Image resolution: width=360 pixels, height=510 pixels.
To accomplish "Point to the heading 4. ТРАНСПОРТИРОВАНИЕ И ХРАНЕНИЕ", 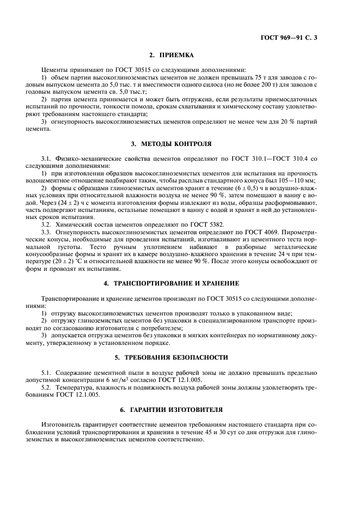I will click(180, 284).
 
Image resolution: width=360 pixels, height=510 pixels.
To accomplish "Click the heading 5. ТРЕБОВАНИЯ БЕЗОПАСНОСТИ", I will click(180, 357).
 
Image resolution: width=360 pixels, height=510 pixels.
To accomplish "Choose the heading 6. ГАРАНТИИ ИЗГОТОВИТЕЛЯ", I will click(180, 409).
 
